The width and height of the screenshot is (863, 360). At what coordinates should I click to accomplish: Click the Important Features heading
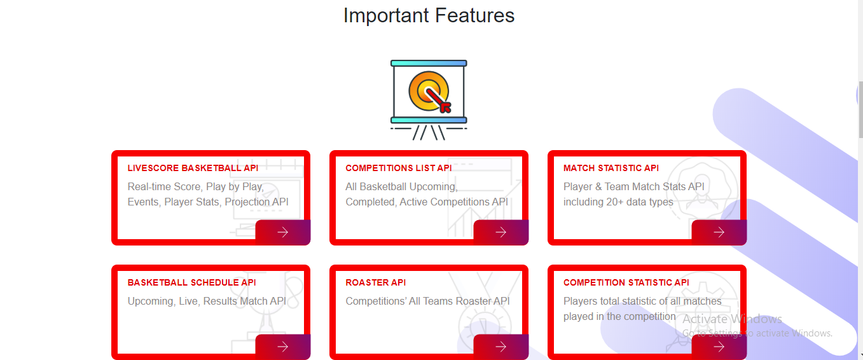(429, 16)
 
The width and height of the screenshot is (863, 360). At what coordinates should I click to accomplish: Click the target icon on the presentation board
(429, 92)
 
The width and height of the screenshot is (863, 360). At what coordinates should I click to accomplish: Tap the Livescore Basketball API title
(193, 168)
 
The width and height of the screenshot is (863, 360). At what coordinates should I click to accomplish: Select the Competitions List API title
(398, 168)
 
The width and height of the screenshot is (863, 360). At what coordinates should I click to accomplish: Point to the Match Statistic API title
(611, 168)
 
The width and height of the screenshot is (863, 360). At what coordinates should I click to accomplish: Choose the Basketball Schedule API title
(191, 282)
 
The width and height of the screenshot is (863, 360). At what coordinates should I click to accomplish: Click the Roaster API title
(376, 282)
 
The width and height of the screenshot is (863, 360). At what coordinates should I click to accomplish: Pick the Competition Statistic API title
(626, 282)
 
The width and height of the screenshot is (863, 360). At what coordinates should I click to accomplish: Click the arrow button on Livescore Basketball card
(283, 232)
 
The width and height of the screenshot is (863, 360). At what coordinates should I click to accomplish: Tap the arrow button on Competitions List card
(501, 232)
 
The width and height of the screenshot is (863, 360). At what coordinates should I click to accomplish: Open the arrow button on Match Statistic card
(719, 232)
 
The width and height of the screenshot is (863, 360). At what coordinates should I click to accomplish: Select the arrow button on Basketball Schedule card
(283, 347)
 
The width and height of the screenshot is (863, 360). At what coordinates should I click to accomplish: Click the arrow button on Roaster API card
(501, 347)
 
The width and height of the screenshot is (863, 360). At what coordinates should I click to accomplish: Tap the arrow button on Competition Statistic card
(719, 347)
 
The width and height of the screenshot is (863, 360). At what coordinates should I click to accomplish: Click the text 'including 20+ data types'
(618, 202)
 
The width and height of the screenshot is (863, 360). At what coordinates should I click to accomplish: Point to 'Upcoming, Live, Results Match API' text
(207, 301)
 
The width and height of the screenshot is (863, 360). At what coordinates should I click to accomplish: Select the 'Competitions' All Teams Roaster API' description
(427, 301)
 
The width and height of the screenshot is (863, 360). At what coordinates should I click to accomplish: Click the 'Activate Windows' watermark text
(732, 319)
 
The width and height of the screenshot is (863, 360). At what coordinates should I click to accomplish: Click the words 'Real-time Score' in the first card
(164, 186)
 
